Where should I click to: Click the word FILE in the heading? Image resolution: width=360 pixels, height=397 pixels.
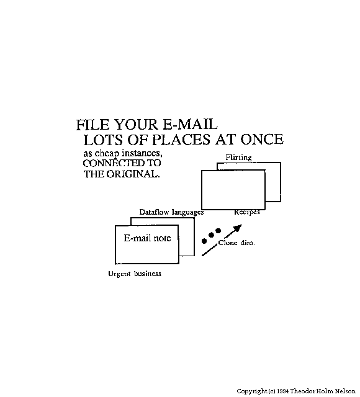click(93, 125)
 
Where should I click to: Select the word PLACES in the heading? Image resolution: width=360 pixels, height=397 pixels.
click(181, 140)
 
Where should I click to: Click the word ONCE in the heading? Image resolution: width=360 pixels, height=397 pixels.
click(262, 139)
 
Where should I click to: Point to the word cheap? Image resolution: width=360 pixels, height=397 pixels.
click(107, 154)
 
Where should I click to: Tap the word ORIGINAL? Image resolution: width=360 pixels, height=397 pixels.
click(133, 174)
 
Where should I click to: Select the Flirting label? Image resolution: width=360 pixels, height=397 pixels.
click(238, 158)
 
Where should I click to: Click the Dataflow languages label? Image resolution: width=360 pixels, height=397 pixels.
click(171, 212)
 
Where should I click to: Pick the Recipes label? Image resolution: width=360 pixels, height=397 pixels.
click(247, 212)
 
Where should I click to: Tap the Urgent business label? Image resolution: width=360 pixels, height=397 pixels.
click(135, 274)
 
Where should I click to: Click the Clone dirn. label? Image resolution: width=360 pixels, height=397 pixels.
click(236, 243)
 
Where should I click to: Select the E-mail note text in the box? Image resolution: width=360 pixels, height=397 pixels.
click(147, 238)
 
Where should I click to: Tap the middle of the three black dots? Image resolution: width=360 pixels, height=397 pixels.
click(211, 235)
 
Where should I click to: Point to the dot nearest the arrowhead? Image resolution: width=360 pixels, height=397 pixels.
click(218, 231)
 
